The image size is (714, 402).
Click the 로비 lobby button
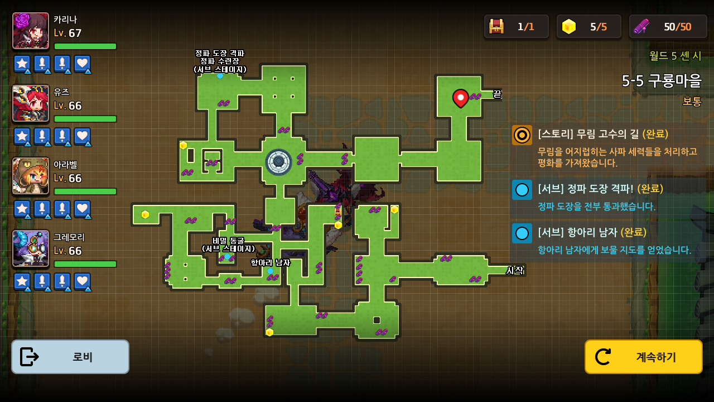tap(70, 357)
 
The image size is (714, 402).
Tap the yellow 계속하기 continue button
tap(643, 357)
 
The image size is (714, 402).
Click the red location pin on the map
tap(460, 98)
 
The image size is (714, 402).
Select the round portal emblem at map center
tap(278, 162)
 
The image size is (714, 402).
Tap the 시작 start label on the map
tap(515, 270)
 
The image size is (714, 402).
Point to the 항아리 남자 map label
tap(271, 262)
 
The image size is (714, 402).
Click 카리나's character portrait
tap(31, 31)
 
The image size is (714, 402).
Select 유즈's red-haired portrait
tap(31, 103)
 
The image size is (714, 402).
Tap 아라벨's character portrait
tap(31, 176)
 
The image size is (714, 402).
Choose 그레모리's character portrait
tap(31, 248)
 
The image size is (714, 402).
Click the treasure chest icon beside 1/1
tap(496, 26)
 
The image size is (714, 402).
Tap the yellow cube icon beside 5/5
tap(568, 26)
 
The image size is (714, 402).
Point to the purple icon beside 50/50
tap(641, 26)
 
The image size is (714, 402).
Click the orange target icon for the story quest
tap(522, 135)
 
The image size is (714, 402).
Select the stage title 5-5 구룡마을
tap(662, 81)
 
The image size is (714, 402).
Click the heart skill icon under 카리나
tap(82, 64)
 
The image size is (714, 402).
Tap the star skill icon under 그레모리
tap(22, 281)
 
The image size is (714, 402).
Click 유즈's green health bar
tap(85, 119)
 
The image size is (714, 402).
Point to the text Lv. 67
tap(67, 33)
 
